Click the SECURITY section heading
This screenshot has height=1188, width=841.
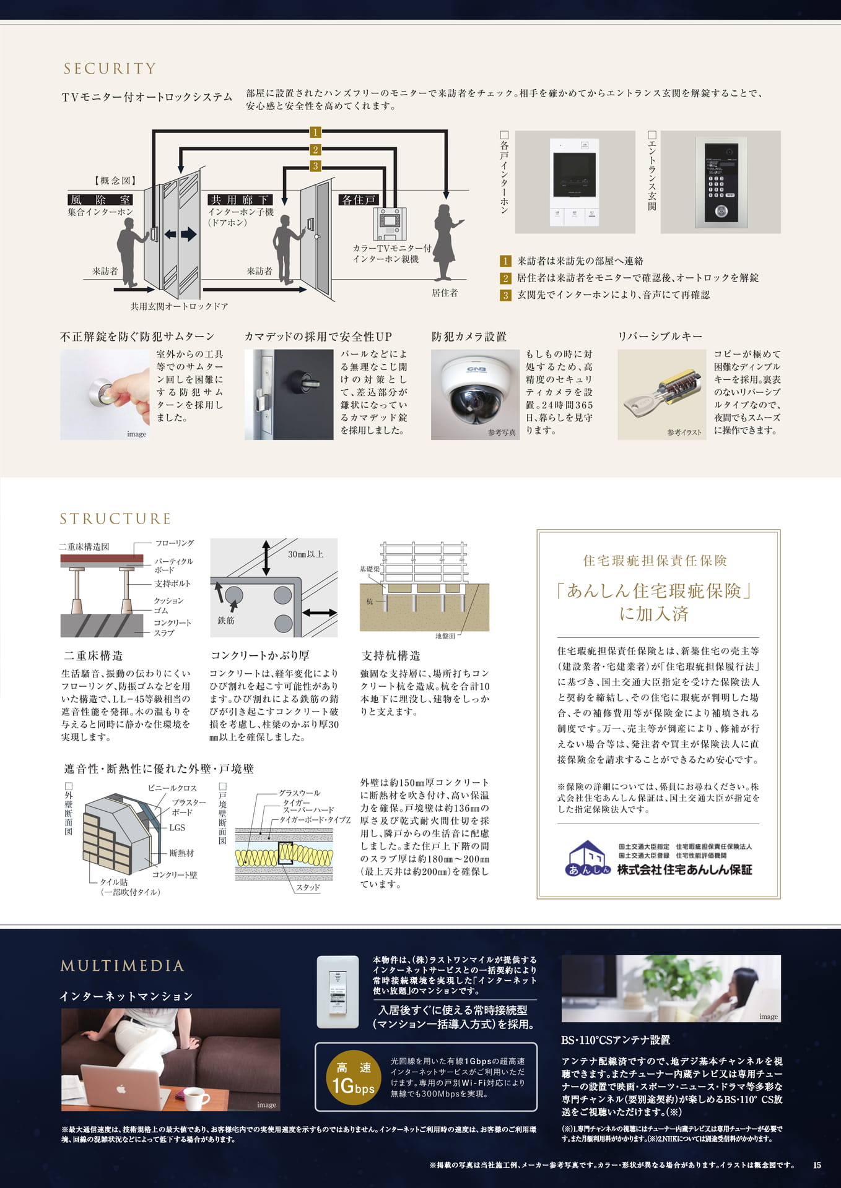[x=110, y=69]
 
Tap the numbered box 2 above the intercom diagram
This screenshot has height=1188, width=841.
[x=315, y=149]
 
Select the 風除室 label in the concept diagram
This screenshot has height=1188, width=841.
[x=100, y=199]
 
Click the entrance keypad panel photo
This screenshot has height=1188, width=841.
[x=720, y=181]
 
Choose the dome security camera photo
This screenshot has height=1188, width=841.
[x=475, y=394]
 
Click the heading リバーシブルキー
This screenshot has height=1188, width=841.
[x=660, y=336]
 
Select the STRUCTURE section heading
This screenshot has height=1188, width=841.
[x=115, y=519]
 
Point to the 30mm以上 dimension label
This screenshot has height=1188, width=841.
[x=305, y=554]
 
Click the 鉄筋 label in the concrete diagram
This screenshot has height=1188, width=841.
[x=225, y=620]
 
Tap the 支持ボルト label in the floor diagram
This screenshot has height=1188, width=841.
[x=172, y=583]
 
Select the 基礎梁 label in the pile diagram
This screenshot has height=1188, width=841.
[x=369, y=569]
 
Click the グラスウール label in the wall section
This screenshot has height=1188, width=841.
[x=299, y=793]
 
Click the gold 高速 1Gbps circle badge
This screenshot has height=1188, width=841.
[x=353, y=1077]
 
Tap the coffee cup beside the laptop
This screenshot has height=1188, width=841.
[x=195, y=1099]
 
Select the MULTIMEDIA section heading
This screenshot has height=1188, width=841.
[x=122, y=965]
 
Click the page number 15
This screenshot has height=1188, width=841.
[x=817, y=1165]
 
